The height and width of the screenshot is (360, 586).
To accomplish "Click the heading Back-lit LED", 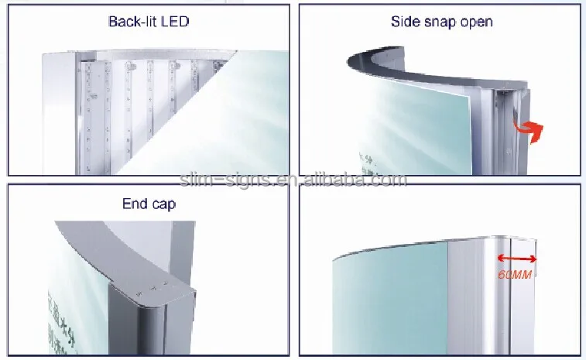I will coord(148,21).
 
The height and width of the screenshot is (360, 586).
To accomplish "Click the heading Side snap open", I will coord(441,21).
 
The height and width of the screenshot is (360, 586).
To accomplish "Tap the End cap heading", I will coord(149,204).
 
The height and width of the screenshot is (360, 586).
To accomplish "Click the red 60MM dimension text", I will coord(515,274).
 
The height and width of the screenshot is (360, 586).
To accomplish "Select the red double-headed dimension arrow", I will coord(515,259).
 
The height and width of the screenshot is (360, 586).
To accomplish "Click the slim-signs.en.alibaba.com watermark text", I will coord(292,180).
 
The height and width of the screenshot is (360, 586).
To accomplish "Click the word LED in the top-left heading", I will coord(174,21).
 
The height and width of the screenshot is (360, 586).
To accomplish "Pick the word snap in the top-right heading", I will coord(443,21).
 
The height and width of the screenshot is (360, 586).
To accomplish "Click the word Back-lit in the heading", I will coord(132,21).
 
